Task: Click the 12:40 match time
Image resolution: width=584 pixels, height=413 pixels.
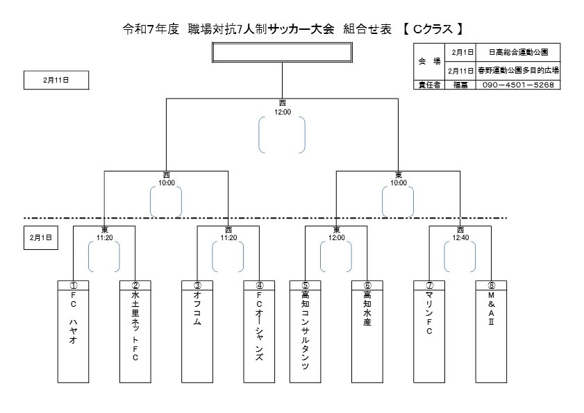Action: point(460,237)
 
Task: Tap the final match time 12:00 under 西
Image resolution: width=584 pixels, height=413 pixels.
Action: point(282,111)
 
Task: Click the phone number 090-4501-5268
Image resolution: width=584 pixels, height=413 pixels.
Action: point(518,85)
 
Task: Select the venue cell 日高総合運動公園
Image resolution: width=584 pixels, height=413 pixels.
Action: point(518,52)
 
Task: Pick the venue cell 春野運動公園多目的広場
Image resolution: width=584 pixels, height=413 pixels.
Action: point(518,70)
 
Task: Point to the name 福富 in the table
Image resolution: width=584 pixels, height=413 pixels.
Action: point(461,85)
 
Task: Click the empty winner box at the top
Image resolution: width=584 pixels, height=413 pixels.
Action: point(282,53)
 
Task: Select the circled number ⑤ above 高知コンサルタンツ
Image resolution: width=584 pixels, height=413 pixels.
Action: point(306,285)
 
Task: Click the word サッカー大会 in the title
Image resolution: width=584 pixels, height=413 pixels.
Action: point(305,29)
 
